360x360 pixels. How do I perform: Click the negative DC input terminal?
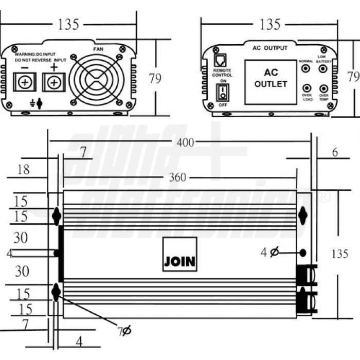[24, 82]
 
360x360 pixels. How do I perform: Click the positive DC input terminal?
[53, 82]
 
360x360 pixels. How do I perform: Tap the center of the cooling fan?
[97, 80]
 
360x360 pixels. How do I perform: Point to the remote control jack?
[221, 61]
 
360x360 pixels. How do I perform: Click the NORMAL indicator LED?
[307, 67]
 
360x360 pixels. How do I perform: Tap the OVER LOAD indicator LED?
[307, 88]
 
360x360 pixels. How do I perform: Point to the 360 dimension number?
[177, 178]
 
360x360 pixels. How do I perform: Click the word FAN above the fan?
[98, 49]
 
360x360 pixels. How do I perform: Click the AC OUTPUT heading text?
[269, 48]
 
